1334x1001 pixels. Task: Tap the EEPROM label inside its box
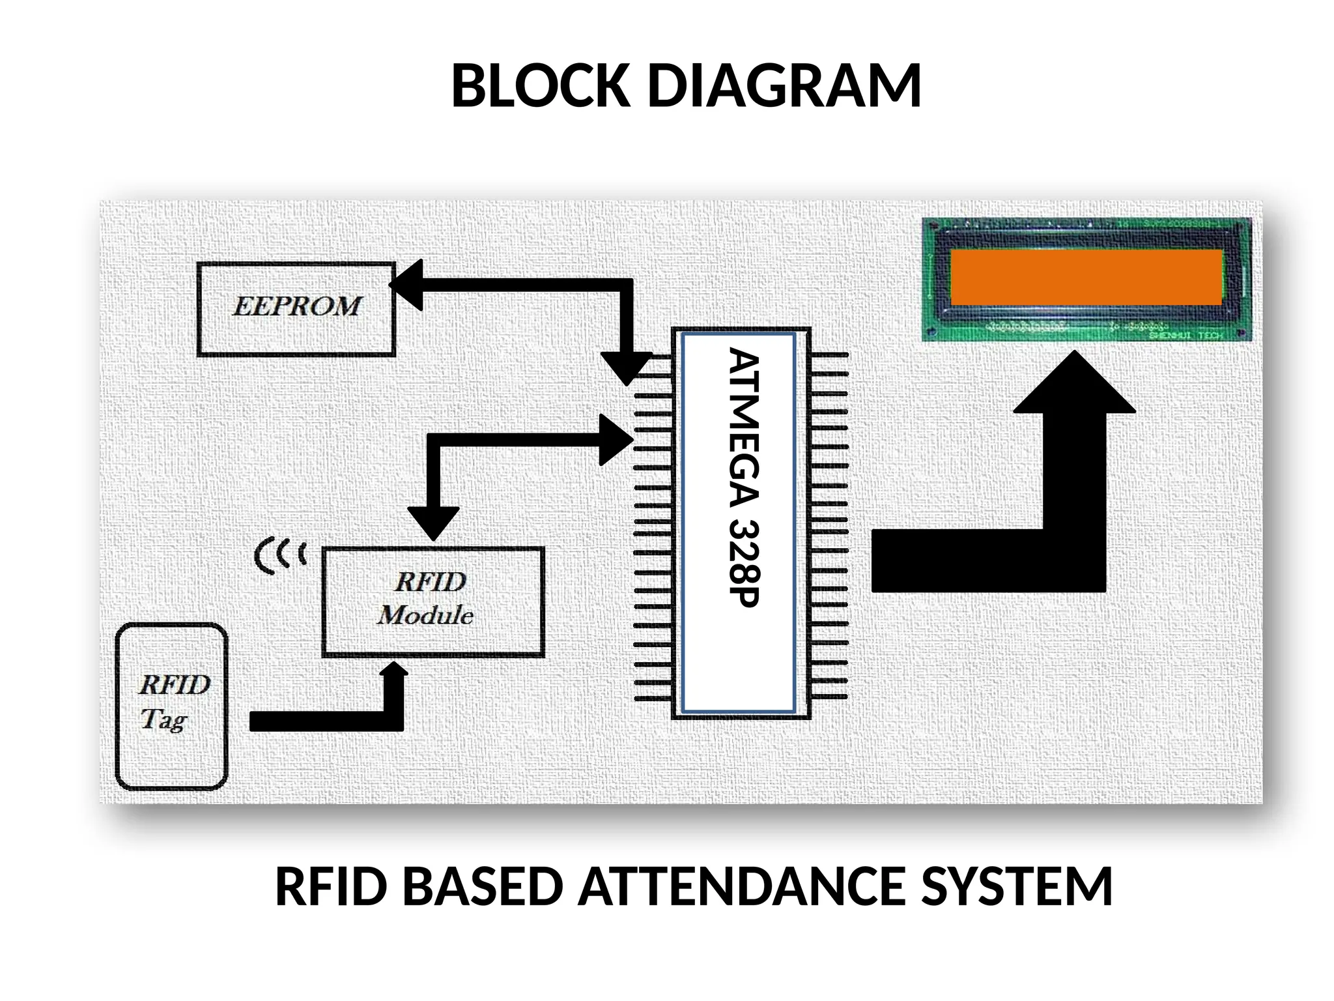(x=296, y=306)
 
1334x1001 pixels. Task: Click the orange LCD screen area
(x=1086, y=277)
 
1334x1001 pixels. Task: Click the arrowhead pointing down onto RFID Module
(x=433, y=524)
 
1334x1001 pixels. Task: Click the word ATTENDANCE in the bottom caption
(x=742, y=887)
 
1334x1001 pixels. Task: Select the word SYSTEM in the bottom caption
(x=1017, y=887)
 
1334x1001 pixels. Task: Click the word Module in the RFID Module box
(x=426, y=615)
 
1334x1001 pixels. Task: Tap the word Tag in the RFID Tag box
(x=163, y=719)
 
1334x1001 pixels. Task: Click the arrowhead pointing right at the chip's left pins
(x=615, y=440)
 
